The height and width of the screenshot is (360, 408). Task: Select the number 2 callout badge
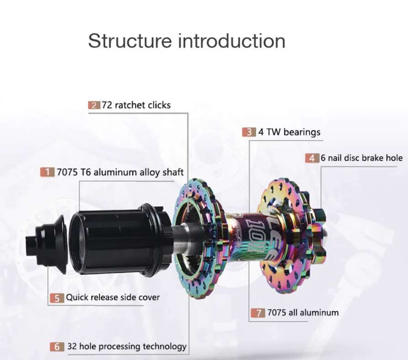[x=94, y=106]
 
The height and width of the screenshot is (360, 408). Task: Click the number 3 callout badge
[x=249, y=132]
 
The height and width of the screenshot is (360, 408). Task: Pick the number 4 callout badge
[x=312, y=158]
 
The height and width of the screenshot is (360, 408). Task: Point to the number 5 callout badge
[x=57, y=298]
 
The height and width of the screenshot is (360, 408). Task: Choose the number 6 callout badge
[x=57, y=347]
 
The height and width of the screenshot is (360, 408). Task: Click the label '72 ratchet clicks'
[x=136, y=105]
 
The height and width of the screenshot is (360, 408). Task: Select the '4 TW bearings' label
[x=289, y=132]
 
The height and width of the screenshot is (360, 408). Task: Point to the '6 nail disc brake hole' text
[x=361, y=158]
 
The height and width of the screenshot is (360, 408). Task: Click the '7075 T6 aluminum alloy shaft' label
[x=120, y=172]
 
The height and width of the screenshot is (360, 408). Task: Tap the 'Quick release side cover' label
[x=113, y=297]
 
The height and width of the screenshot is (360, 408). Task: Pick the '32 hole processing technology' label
[x=127, y=346]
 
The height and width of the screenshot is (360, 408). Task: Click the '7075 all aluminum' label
[x=303, y=313]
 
